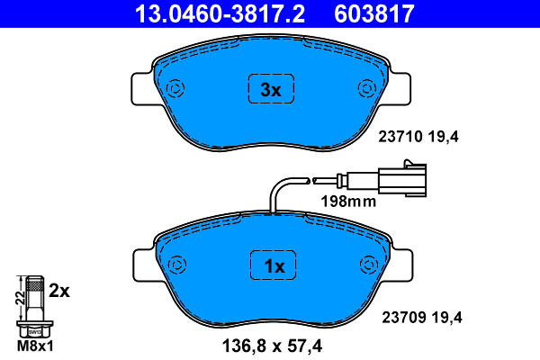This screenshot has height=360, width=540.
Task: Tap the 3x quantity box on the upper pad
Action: pyautogui.click(x=271, y=89)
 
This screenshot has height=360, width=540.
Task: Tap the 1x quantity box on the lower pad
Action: pyautogui.click(x=271, y=265)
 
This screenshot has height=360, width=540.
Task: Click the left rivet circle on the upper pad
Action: pyautogui.click(x=175, y=88)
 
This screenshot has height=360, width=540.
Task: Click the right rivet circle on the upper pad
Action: pyautogui.click(x=366, y=88)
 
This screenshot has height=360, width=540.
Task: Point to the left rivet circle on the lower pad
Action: pyautogui.click(x=175, y=265)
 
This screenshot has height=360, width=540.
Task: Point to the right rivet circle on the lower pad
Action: pyautogui.click(x=366, y=265)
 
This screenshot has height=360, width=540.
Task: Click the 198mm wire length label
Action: pyautogui.click(x=348, y=202)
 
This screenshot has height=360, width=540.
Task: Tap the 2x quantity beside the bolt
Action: pyautogui.click(x=59, y=290)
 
